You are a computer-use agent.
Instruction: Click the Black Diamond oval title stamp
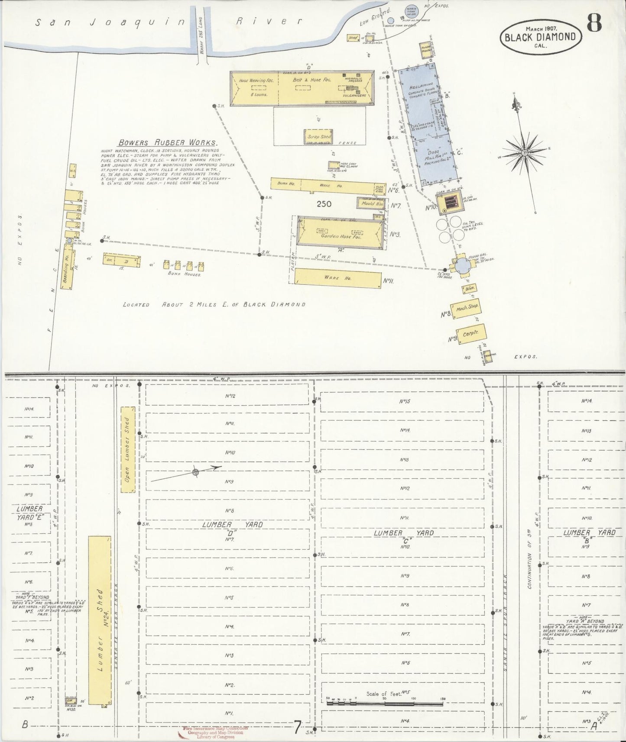pos(540,36)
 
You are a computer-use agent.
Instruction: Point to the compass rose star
pos(524,153)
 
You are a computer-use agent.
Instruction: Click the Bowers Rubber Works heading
pos(168,142)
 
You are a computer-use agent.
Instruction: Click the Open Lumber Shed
pos(128,449)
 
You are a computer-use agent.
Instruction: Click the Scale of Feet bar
pos(385,703)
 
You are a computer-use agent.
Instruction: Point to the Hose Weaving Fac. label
pos(253,81)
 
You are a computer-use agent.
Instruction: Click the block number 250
pos(324,204)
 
